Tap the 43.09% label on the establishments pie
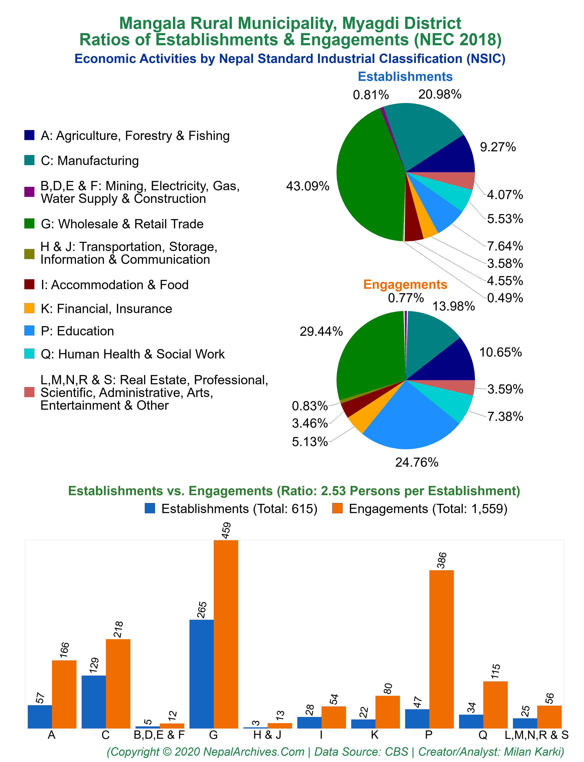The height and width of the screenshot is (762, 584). (308, 186)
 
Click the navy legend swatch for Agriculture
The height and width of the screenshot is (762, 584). (29, 135)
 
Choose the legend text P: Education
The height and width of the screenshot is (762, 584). (77, 331)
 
